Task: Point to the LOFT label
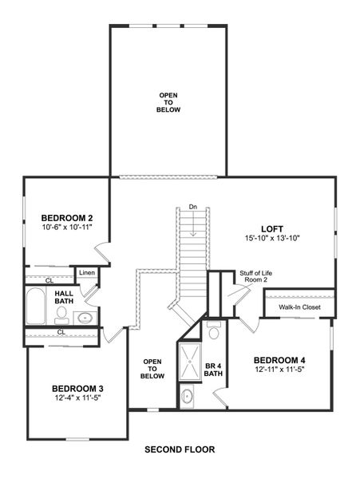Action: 272,228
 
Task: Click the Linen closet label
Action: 87,274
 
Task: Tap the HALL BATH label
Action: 64,298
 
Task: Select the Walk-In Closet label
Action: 299,307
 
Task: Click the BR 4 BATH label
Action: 213,370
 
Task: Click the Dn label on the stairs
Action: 193,208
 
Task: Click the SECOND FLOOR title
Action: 180,449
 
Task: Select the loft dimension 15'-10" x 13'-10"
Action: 272,238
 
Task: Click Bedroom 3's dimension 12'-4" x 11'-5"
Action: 78,398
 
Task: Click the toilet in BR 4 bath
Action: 213,330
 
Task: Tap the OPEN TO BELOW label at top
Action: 168,102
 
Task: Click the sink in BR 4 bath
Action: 187,395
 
